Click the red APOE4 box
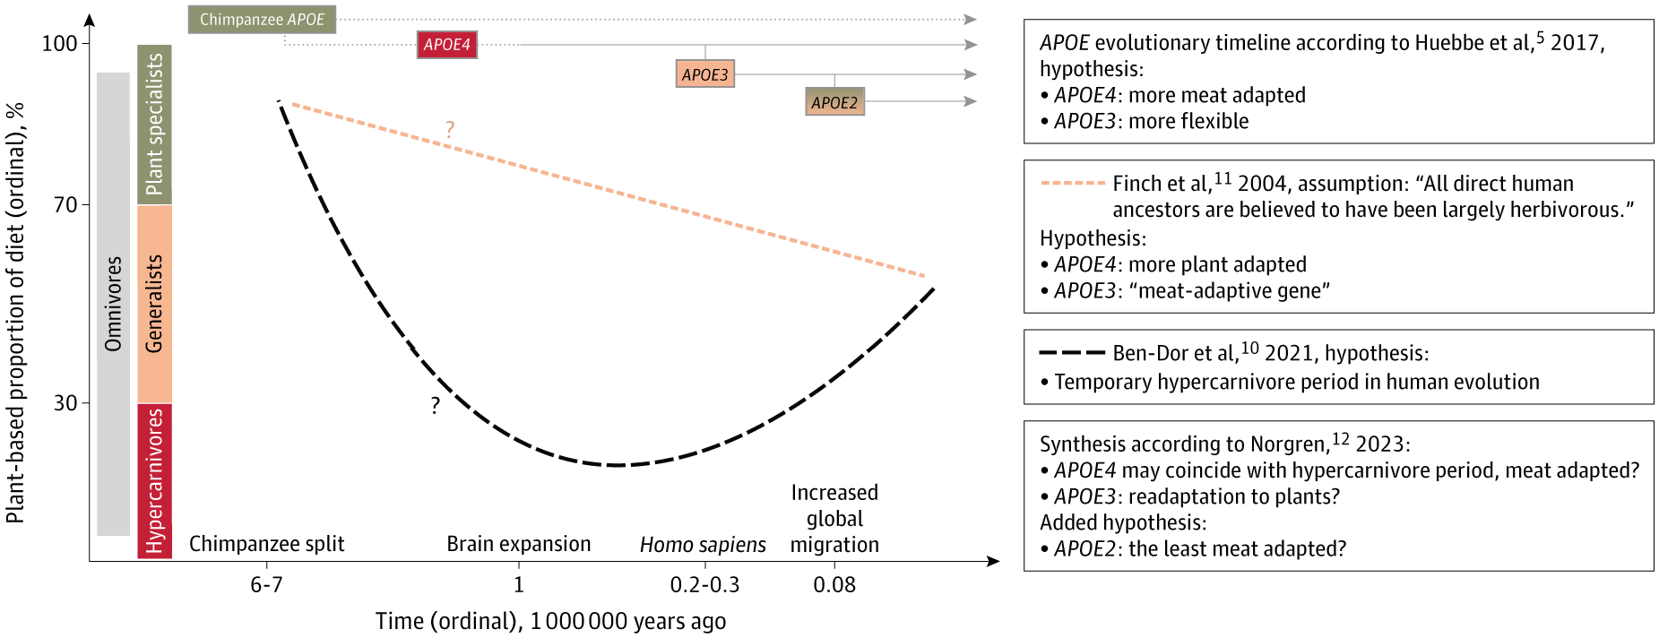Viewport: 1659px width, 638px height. (x=446, y=45)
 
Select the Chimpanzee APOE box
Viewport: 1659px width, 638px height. (x=262, y=20)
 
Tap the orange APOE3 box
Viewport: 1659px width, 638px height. (x=704, y=74)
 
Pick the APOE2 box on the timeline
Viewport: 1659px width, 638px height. (x=834, y=102)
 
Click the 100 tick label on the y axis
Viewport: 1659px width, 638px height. (x=59, y=43)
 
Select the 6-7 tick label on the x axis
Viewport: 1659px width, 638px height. (x=266, y=585)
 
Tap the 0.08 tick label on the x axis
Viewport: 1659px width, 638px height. (x=834, y=585)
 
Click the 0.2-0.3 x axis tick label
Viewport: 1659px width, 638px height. (x=704, y=585)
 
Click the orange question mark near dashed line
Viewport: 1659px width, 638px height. (x=450, y=130)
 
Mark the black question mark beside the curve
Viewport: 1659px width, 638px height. (x=435, y=406)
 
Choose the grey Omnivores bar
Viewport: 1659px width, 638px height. (x=113, y=304)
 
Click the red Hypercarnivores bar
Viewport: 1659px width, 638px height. (x=154, y=480)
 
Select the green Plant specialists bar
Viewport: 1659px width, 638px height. (x=154, y=125)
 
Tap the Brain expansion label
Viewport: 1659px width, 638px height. (x=518, y=544)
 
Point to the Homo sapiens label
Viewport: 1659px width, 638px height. (x=703, y=545)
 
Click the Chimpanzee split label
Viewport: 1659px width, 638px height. (x=266, y=544)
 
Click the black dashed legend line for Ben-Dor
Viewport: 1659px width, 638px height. (x=1071, y=353)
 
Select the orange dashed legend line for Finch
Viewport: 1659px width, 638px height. (x=1072, y=184)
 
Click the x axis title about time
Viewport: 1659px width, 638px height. (x=550, y=621)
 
